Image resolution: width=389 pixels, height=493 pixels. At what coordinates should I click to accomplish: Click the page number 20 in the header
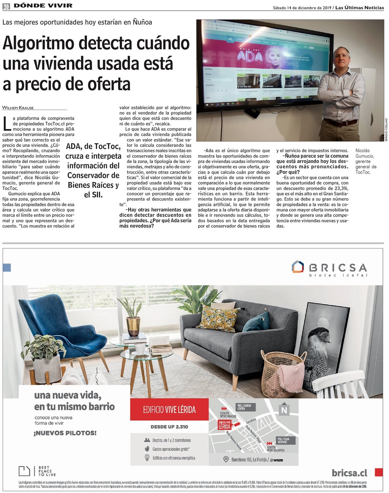(x=6, y=6)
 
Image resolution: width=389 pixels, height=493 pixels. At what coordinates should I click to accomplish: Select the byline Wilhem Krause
(x=18, y=108)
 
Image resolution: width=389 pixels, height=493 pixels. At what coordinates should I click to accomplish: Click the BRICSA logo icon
(x=298, y=266)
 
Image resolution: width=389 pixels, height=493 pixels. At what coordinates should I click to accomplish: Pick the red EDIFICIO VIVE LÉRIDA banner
(x=169, y=410)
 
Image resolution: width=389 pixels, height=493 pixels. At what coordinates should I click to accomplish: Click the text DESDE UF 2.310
(x=169, y=427)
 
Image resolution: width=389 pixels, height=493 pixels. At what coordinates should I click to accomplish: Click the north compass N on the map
(x=284, y=410)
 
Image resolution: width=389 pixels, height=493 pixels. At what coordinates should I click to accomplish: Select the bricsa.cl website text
(x=349, y=472)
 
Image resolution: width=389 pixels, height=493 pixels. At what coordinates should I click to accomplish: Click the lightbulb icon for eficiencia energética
(x=147, y=458)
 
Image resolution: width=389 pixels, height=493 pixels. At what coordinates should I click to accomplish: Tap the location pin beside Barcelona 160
(x=226, y=460)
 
